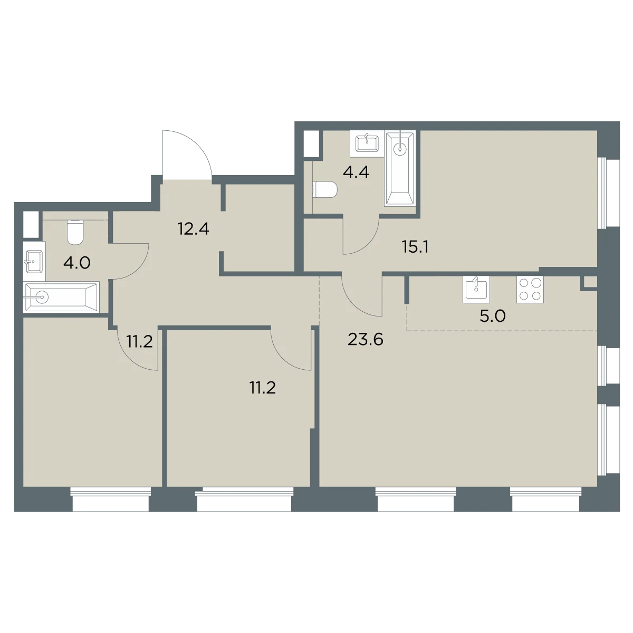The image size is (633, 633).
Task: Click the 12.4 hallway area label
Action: pyautogui.click(x=194, y=228)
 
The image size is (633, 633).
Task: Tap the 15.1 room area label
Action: pyautogui.click(x=415, y=247)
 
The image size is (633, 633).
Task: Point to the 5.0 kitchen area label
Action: pyautogui.click(x=492, y=316)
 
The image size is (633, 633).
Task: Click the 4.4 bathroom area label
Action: pyautogui.click(x=356, y=172)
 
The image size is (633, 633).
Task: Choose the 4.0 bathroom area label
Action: pyautogui.click(x=76, y=263)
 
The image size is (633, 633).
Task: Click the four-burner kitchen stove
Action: pyautogui.click(x=530, y=290)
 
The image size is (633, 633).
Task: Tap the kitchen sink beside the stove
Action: pyautogui.click(x=476, y=290)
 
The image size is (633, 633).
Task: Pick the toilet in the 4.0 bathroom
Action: pyautogui.click(x=75, y=233)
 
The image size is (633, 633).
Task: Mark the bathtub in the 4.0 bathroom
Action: pyautogui.click(x=61, y=297)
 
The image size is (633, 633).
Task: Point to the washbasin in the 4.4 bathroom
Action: pyautogui.click(x=367, y=144)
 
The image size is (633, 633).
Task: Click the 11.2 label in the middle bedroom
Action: pyautogui.click(x=263, y=388)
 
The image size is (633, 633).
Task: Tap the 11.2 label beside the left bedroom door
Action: pyautogui.click(x=140, y=341)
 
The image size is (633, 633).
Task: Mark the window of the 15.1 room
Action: pyautogui.click(x=607, y=193)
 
